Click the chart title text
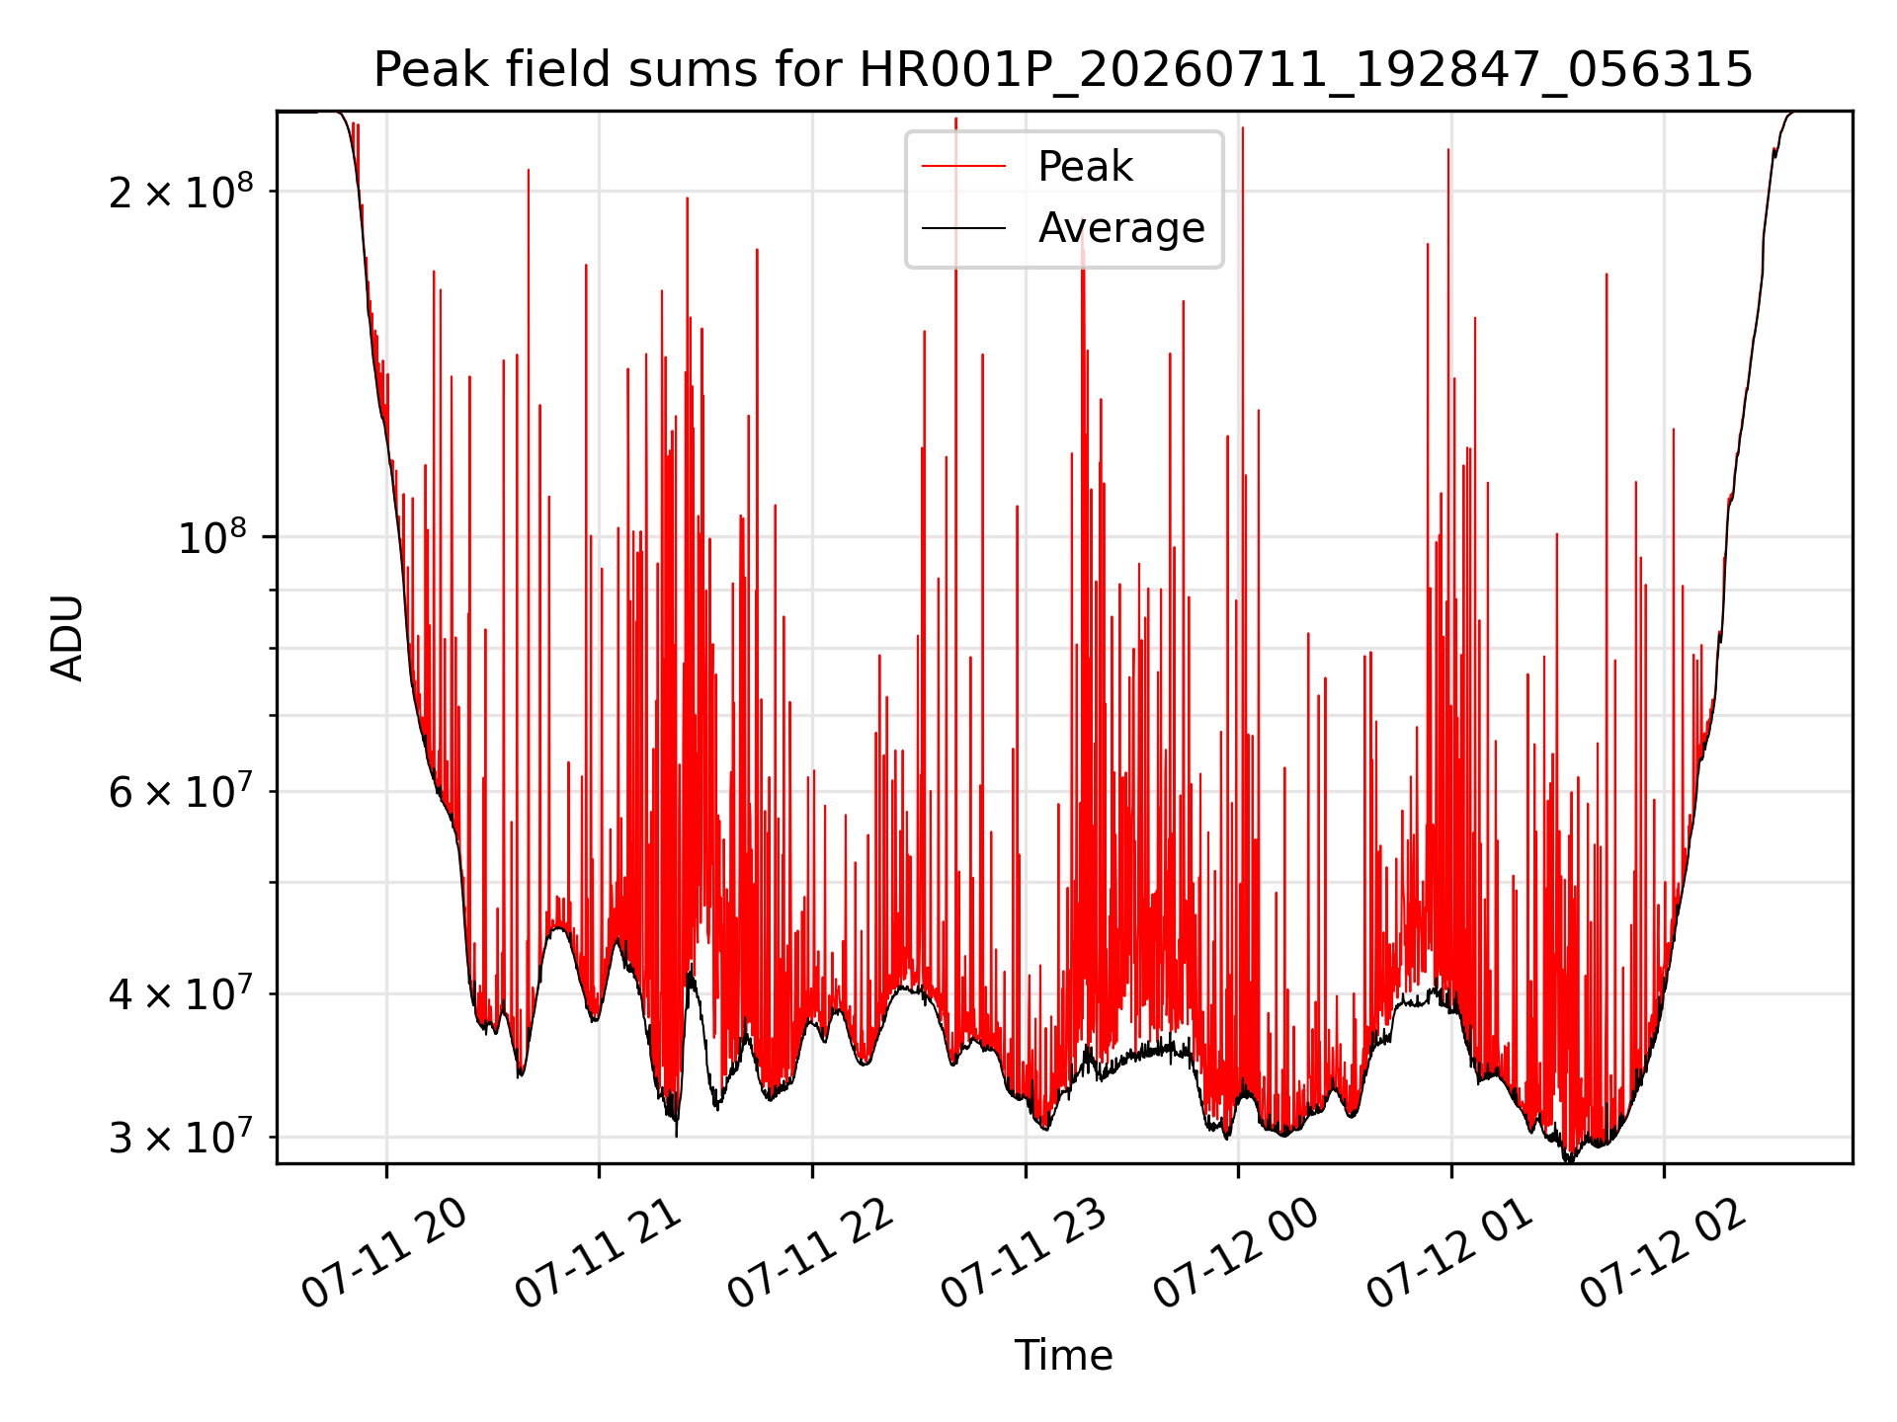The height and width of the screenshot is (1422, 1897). click(1063, 70)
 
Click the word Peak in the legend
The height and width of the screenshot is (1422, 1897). click(1085, 167)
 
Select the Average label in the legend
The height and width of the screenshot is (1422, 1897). click(1121, 228)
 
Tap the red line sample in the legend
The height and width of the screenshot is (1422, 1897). click(963, 167)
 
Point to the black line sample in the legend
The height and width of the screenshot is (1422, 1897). click(963, 228)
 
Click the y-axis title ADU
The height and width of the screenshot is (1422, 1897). click(67, 637)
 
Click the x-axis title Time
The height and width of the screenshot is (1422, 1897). click(1063, 1356)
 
